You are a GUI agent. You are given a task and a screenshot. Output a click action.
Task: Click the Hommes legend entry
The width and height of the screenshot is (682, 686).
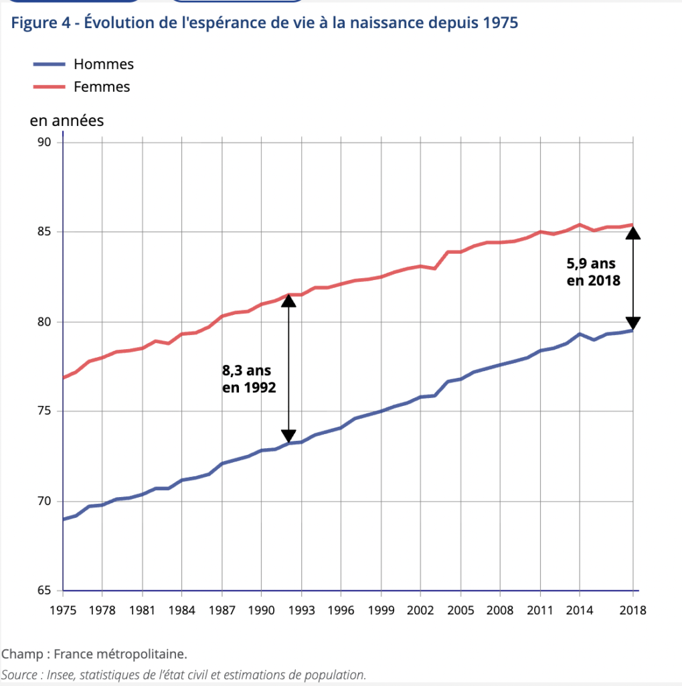[103, 64]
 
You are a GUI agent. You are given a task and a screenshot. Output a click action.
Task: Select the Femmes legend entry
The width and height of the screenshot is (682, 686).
[102, 86]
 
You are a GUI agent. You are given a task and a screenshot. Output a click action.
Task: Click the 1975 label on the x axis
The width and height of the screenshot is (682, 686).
[62, 610]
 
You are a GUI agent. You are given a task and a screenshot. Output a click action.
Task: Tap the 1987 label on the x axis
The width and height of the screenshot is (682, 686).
[222, 610]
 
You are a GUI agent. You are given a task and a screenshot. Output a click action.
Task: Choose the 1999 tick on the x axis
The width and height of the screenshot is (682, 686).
[381, 610]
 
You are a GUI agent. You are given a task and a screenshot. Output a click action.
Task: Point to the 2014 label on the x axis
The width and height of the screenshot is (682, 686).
[580, 610]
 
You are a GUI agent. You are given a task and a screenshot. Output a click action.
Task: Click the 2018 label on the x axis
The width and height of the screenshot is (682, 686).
[632, 610]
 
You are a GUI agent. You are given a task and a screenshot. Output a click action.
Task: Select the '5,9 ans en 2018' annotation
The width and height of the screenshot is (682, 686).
[593, 272]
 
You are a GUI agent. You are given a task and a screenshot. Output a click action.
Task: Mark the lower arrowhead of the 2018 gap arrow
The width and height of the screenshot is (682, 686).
[632, 323]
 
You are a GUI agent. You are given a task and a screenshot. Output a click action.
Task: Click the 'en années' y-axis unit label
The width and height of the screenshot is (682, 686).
[67, 121]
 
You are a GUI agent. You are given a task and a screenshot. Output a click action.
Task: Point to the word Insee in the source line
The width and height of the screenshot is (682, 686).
[60, 675]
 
